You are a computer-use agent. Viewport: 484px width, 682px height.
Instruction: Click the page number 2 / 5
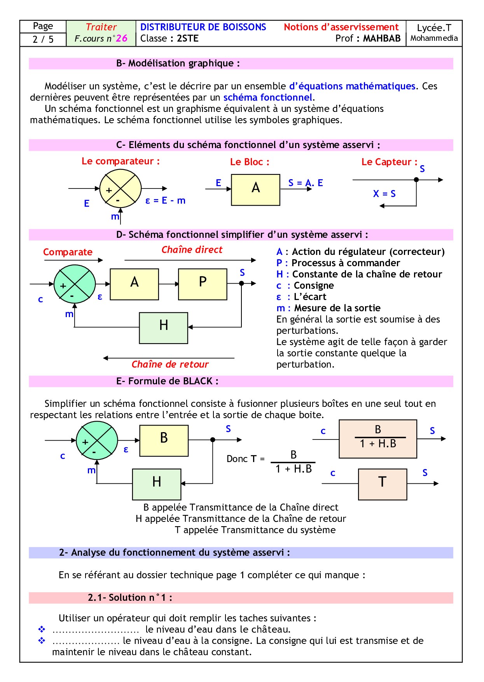[x=43, y=39]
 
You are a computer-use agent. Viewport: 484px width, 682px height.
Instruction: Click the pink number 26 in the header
[x=122, y=38]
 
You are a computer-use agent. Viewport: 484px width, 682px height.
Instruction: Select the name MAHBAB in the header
[x=381, y=38]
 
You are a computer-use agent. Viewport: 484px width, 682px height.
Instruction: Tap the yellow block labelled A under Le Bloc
[x=255, y=190]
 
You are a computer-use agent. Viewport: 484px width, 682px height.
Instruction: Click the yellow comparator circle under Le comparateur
[x=120, y=189]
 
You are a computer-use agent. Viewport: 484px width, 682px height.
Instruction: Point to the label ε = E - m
[x=165, y=201]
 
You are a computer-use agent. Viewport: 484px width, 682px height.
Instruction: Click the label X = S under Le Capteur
[x=384, y=194]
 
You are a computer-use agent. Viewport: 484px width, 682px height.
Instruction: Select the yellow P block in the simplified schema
[x=203, y=284]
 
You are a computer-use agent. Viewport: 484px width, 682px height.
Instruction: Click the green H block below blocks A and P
[x=164, y=328]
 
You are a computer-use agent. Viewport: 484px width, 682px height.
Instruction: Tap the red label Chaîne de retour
[x=170, y=365]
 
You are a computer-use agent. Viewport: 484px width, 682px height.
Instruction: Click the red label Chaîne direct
[x=192, y=250]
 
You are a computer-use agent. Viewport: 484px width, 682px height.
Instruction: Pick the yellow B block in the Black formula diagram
[x=164, y=440]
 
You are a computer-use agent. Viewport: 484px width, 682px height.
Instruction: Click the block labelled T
[x=383, y=484]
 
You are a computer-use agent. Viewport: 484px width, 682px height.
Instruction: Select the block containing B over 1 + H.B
[x=378, y=439]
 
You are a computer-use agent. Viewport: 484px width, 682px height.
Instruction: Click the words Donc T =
[x=245, y=459]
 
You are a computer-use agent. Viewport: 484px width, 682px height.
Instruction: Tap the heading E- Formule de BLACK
[x=167, y=381]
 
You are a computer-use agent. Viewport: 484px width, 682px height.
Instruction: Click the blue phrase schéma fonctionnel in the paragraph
[x=268, y=98]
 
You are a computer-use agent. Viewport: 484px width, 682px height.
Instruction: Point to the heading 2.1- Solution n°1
[x=130, y=598]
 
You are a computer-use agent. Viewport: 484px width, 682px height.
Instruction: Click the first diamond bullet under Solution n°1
[x=42, y=629]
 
